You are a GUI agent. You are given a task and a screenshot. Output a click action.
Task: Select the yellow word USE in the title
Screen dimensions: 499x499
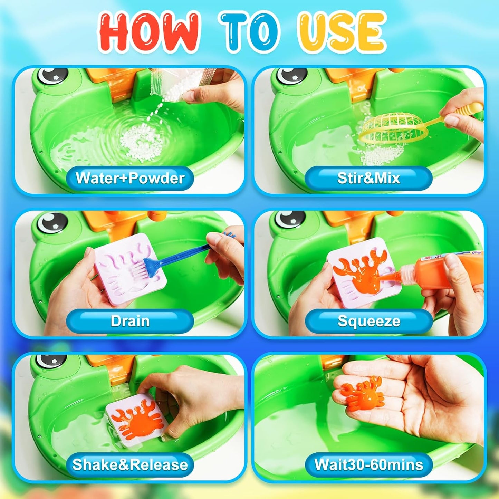(342, 32)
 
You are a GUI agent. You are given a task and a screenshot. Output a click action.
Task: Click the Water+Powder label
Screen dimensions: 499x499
(130, 178)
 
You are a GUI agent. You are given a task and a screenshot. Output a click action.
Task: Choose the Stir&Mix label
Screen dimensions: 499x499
(368, 178)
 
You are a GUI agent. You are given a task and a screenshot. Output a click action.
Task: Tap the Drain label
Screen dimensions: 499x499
(130, 321)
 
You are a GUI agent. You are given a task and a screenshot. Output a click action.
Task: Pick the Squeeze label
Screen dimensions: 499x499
(368, 321)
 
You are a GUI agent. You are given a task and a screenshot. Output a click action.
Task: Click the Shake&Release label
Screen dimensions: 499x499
(130, 464)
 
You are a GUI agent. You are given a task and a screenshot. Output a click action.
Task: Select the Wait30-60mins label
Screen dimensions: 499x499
(368, 464)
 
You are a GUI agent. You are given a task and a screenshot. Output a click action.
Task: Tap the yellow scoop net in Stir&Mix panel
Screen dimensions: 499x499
(392, 128)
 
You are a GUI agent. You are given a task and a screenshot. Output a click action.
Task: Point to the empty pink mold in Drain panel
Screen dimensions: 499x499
(129, 268)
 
